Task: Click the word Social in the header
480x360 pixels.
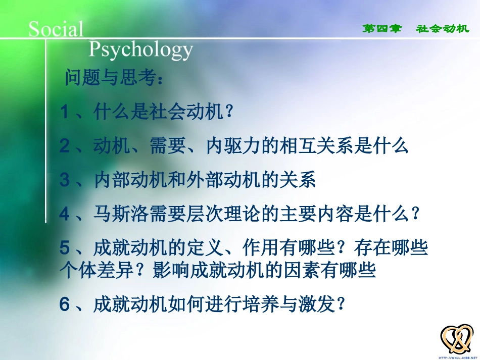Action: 56,29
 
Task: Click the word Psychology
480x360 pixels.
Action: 141,50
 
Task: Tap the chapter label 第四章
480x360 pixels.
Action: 381,29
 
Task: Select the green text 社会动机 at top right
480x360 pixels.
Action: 443,29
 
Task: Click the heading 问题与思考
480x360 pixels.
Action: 114,79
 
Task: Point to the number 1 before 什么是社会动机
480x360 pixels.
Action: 64,112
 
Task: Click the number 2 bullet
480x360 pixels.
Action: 64,146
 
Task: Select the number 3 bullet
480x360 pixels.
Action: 64,180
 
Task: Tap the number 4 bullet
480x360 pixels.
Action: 64,215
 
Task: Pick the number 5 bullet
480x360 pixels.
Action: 64,248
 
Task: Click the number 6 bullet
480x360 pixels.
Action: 64,304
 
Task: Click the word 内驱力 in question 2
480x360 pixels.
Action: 234,146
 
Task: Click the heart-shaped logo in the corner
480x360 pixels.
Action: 457,339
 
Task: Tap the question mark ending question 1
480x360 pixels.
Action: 229,112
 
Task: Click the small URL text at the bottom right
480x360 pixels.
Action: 457,356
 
